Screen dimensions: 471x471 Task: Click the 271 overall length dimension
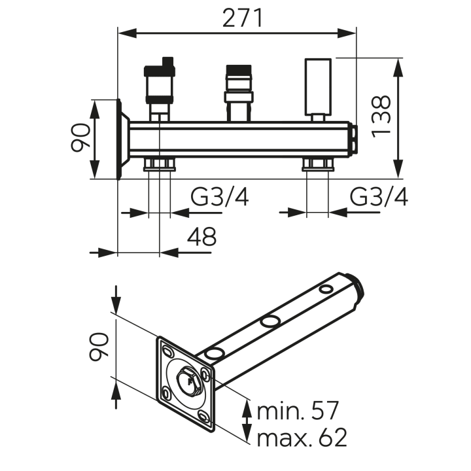(243, 18)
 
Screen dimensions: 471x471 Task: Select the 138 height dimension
(381, 116)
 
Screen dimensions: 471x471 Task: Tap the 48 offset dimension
(201, 236)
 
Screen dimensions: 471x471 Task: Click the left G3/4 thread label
(220, 197)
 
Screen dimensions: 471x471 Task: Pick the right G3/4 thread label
(379, 197)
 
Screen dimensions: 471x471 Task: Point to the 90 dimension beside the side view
(80, 137)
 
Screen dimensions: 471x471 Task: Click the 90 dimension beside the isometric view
(99, 346)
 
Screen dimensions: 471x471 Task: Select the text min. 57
(298, 411)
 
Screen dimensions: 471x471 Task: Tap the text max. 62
(302, 437)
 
